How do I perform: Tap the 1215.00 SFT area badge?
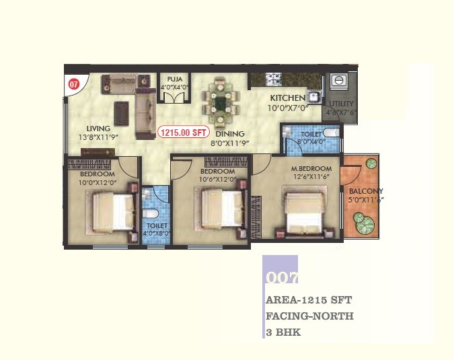point(182,133)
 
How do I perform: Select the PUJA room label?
point(174,79)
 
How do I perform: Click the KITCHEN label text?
point(288,98)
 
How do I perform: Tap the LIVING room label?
point(99,129)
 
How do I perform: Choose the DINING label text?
point(230,133)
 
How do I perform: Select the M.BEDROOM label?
point(311,168)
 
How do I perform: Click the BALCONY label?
point(367,191)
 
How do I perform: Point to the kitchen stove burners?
point(274,80)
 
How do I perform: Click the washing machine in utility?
point(339,81)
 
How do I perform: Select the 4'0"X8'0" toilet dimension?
point(157,233)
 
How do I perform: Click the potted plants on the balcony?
point(363,224)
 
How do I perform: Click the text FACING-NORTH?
point(309,315)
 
